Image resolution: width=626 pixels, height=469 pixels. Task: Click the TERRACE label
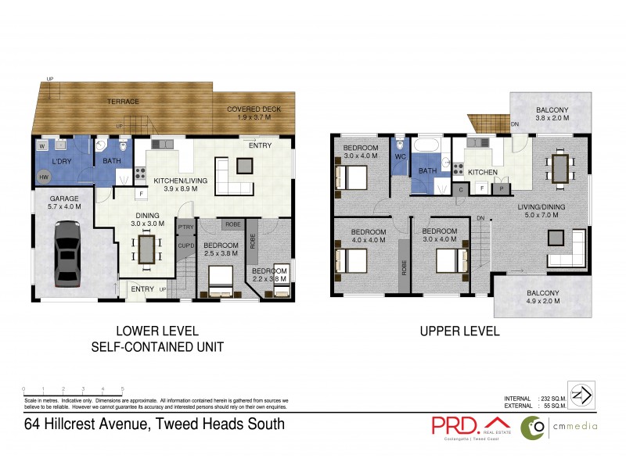[x=123, y=102]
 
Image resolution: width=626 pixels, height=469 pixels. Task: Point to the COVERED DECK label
[x=254, y=109]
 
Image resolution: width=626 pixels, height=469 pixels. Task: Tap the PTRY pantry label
[x=185, y=227]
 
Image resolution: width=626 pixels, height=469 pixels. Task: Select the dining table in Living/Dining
[x=560, y=168]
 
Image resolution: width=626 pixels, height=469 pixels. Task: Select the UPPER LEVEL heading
[x=459, y=331]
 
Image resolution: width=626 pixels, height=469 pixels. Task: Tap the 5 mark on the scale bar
[x=123, y=388]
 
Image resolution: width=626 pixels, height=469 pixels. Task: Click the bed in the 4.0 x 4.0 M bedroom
[x=351, y=260]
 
